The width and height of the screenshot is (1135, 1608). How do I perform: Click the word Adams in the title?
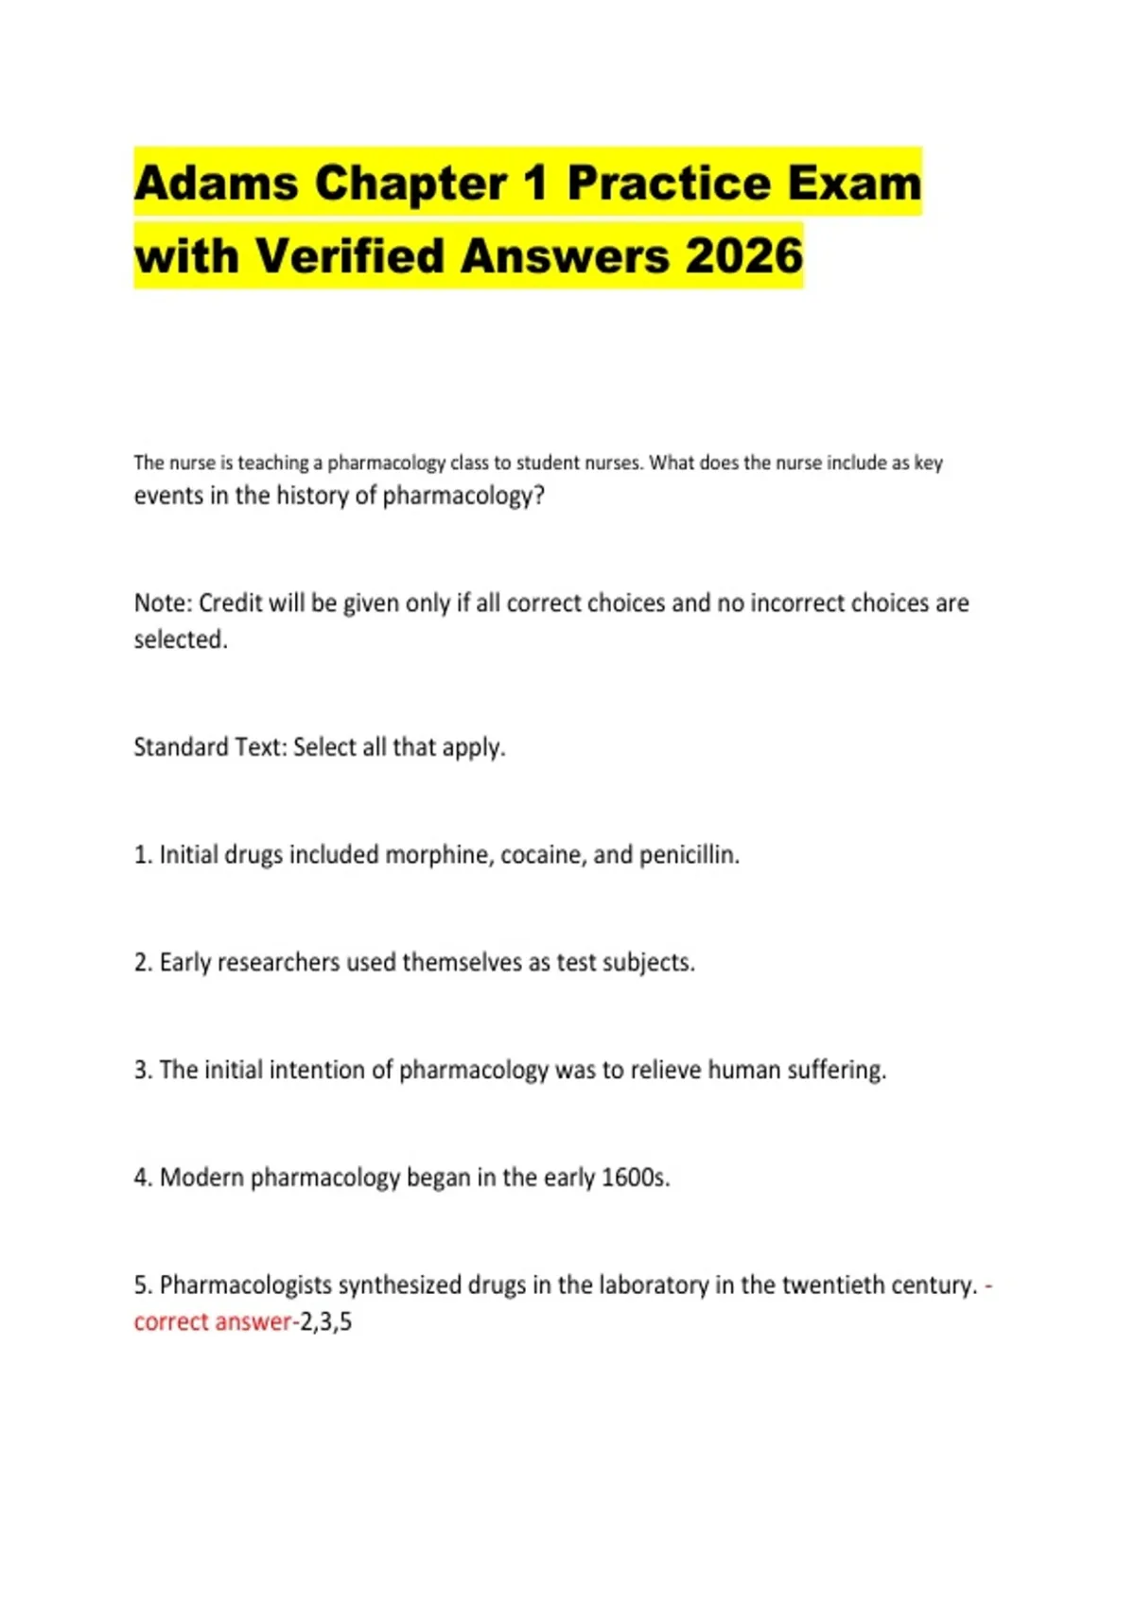pos(216,183)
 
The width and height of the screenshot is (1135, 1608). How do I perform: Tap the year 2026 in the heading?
pos(743,255)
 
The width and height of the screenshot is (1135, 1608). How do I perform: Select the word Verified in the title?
pos(351,255)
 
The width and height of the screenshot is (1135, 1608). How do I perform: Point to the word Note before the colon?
pos(161,603)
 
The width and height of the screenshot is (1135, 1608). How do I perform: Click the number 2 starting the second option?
pos(141,963)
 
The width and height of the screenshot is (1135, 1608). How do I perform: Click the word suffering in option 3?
pos(838,1070)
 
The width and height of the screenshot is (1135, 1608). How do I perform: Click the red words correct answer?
pos(213,1321)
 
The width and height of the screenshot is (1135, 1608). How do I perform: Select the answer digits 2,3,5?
pos(326,1321)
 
